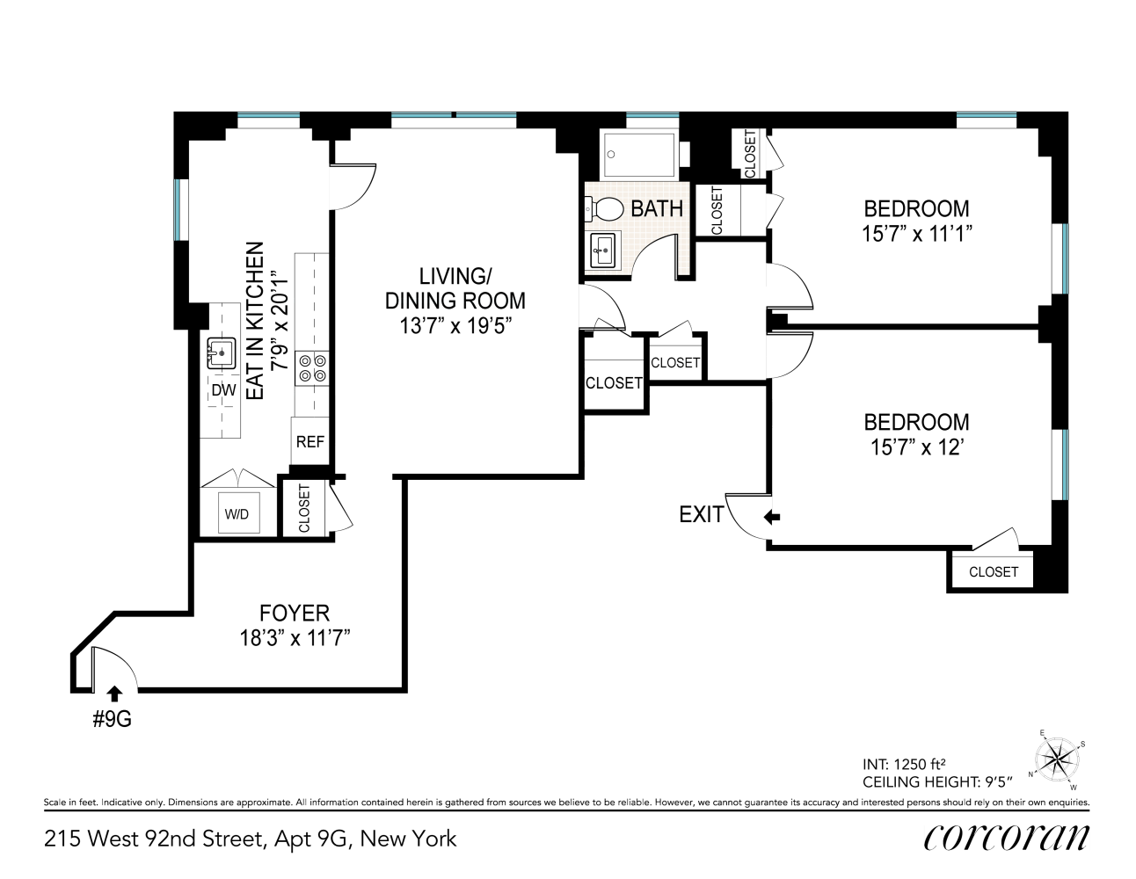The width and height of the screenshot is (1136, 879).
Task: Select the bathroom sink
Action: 604,251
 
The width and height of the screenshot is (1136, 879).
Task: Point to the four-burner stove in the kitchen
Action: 312,367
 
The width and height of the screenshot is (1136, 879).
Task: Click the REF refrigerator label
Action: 310,442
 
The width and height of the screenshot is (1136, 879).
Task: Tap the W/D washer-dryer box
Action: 237,514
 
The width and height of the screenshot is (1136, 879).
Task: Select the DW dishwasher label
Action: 223,391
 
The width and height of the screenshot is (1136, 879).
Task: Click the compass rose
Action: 1058,758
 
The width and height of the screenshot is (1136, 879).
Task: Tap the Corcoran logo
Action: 1006,837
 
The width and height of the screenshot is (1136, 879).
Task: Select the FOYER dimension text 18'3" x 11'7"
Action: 295,638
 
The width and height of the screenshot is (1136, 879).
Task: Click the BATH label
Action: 657,208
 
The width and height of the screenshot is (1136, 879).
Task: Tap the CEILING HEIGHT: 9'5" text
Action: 938,781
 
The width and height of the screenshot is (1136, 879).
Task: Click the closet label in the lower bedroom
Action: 993,571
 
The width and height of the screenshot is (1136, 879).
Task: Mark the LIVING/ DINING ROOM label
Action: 455,287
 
